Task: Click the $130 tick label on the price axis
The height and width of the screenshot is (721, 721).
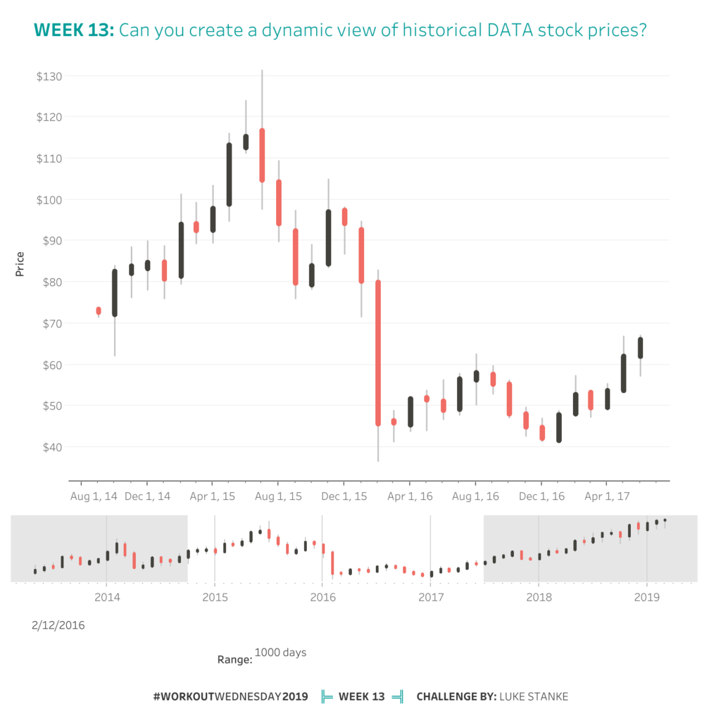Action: tap(49, 76)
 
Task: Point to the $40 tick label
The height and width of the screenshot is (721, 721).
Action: tap(49, 447)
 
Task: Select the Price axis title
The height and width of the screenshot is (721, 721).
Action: tap(20, 263)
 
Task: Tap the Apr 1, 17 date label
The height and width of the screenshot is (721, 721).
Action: tap(607, 496)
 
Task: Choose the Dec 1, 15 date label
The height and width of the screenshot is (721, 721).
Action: tap(344, 496)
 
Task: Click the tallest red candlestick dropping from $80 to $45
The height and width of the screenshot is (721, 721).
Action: tap(378, 353)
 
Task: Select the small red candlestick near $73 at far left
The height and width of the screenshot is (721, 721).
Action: tap(99, 311)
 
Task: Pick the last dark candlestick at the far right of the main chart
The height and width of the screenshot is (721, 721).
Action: tap(641, 348)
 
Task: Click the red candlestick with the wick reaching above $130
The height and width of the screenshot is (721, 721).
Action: tap(262, 155)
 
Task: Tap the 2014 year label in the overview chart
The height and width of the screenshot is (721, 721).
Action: tap(106, 598)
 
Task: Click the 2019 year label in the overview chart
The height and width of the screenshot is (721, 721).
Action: tap(646, 598)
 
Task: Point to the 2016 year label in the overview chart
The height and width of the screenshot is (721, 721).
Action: tap(322, 598)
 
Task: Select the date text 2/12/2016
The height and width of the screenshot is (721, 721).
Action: tap(58, 625)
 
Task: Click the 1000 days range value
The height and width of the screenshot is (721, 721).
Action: tap(280, 653)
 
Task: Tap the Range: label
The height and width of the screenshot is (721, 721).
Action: tap(234, 660)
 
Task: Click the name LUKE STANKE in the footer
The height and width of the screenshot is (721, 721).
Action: tap(533, 697)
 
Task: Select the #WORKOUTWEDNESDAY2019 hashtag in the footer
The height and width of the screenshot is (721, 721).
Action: tap(230, 697)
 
